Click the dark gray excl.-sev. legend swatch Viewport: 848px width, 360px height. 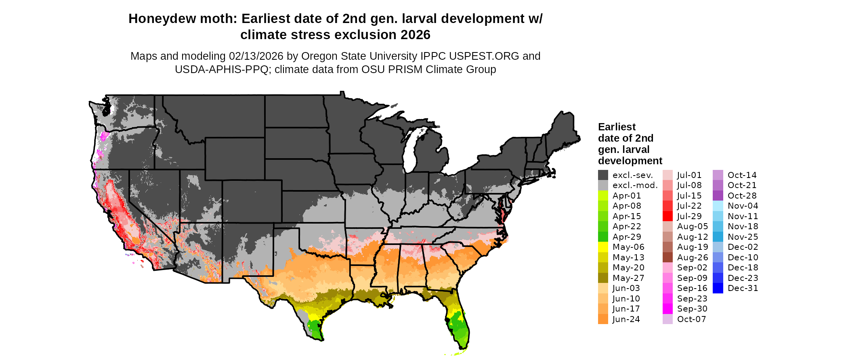click(603, 175)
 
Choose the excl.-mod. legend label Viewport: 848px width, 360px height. click(635, 185)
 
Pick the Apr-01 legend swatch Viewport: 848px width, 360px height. click(603, 196)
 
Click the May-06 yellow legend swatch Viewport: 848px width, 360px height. click(603, 247)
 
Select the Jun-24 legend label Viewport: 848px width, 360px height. click(626, 319)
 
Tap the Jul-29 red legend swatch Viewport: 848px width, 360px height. click(668, 216)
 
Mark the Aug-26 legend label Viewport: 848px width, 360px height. click(693, 257)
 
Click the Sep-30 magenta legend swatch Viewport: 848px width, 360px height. click(668, 309)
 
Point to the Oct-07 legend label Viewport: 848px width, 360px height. click(691, 319)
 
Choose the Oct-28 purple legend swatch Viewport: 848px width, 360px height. click(718, 196)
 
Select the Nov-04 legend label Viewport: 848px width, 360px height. click(743, 206)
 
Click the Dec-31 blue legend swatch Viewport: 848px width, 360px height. click(718, 288)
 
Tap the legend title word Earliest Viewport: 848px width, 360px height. click(617, 127)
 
